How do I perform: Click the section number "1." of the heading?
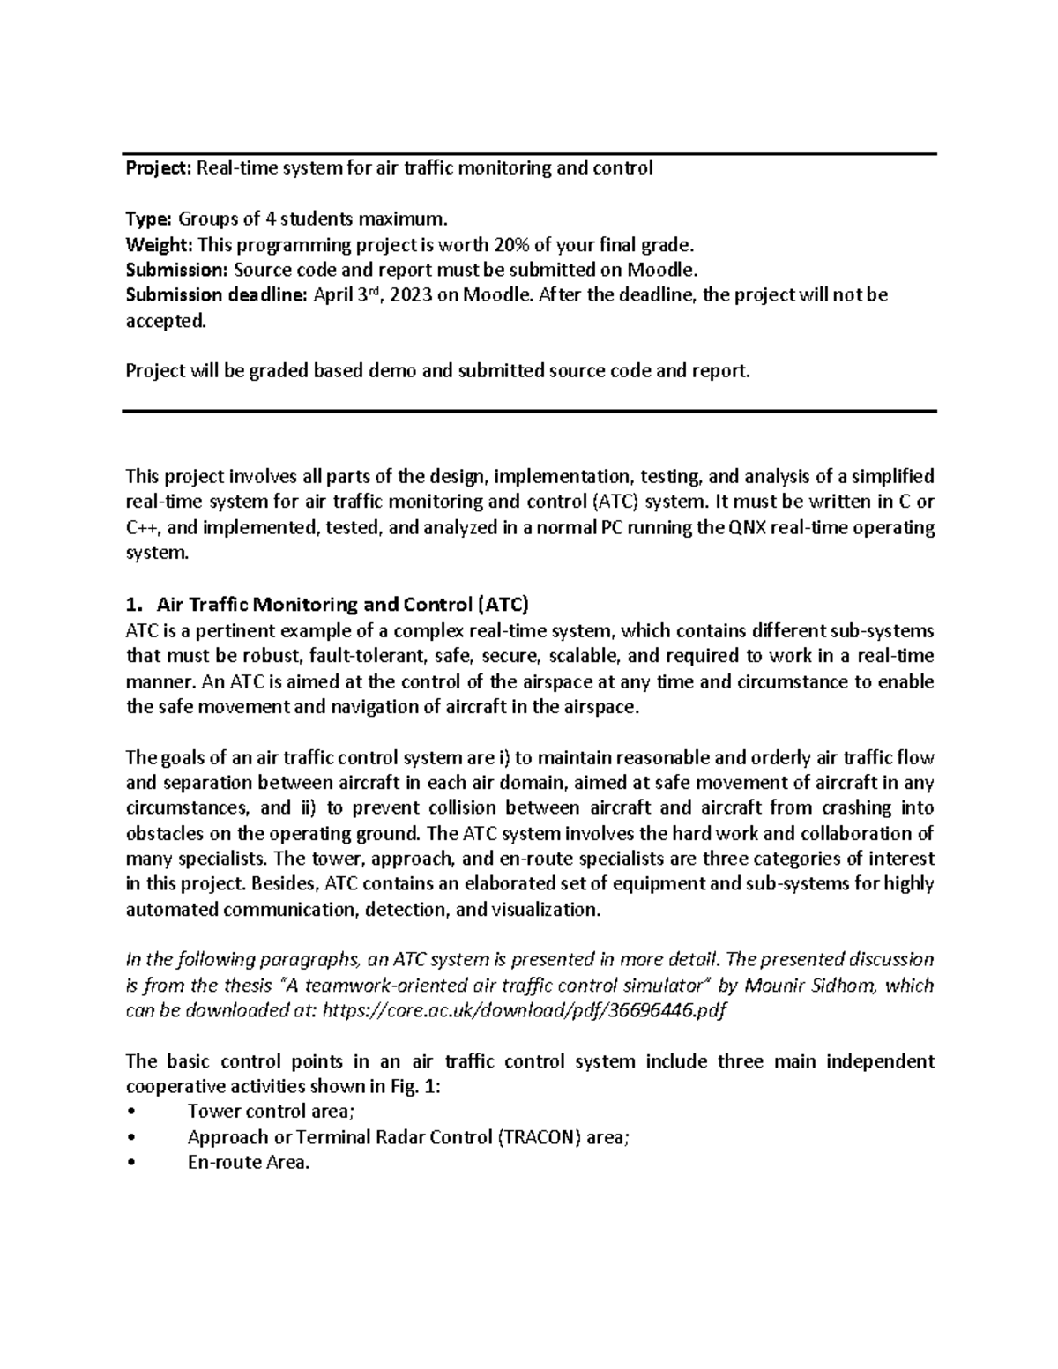(133, 605)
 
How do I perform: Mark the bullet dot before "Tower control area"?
(132, 1112)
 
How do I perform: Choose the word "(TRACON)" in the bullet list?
(540, 1137)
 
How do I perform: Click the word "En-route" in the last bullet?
(219, 1163)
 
